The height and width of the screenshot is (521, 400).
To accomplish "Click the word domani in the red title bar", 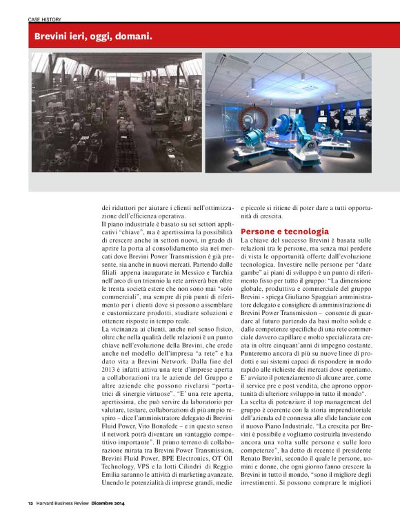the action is pyautogui.click(x=131, y=35).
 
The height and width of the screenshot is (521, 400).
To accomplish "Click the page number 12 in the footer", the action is pyautogui.click(x=30, y=504).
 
